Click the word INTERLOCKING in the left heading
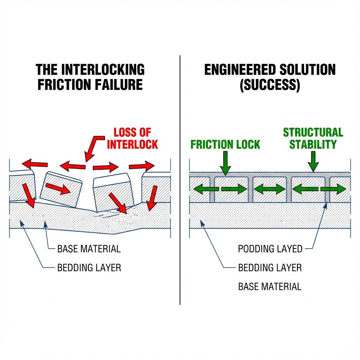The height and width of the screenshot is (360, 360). (x=103, y=70)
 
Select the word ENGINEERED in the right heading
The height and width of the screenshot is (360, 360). (x=240, y=70)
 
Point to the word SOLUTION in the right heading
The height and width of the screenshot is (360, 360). (x=307, y=70)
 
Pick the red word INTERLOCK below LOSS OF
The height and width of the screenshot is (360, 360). (x=132, y=144)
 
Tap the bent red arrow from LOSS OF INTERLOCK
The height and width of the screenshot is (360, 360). (x=92, y=146)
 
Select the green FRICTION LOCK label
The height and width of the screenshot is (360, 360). (x=225, y=144)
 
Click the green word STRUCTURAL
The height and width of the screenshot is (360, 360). (x=313, y=133)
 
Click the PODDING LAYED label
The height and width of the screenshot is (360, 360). (x=270, y=249)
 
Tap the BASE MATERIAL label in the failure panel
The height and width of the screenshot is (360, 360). (x=89, y=249)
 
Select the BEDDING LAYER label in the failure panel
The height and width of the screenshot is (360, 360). (x=89, y=268)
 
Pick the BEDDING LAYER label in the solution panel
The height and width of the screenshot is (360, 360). (x=270, y=268)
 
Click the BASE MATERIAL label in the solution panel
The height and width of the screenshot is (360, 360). (x=270, y=286)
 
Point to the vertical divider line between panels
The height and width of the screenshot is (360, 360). (x=180, y=179)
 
